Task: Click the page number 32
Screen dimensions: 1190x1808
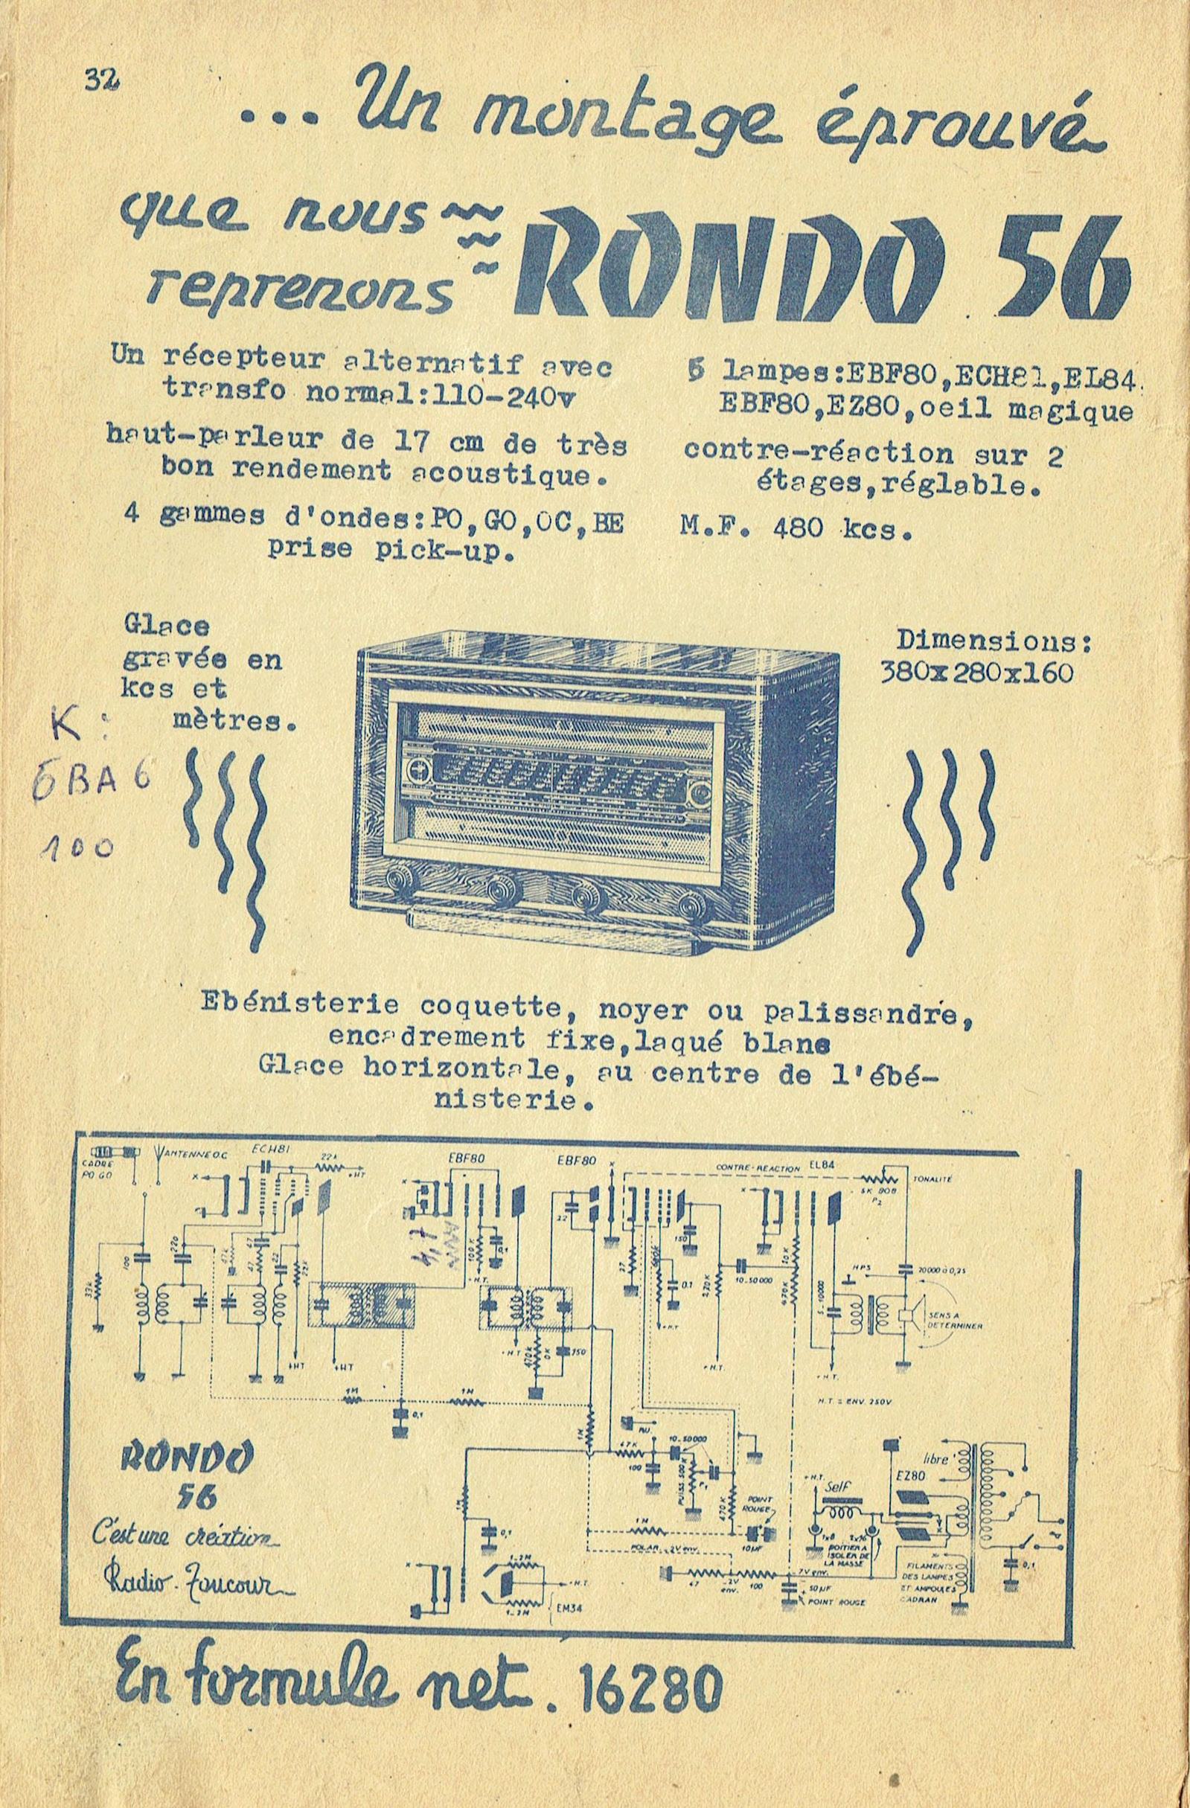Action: click(99, 79)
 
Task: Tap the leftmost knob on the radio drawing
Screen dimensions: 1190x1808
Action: click(398, 880)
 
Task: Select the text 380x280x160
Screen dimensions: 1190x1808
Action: click(976, 673)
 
